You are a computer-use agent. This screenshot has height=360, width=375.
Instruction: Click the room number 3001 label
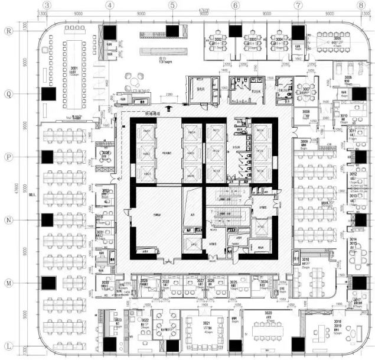pyautogui.click(x=74, y=69)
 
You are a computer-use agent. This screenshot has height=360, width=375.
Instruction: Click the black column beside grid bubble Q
pyautogui.click(x=48, y=93)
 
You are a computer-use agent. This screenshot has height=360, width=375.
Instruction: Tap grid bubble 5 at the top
pyautogui.click(x=172, y=5)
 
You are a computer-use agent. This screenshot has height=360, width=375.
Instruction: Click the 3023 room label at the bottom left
pyautogui.click(x=118, y=321)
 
